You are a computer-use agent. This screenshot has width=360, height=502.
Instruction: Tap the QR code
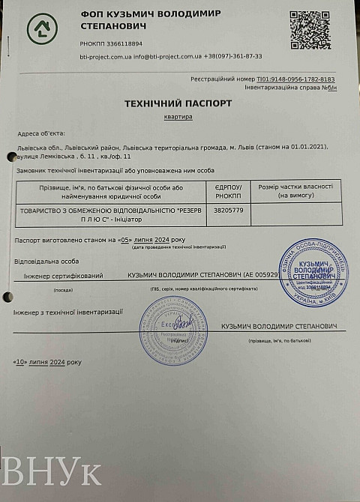[x=310, y=31]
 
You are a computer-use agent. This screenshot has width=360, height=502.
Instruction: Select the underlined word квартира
[x=178, y=117]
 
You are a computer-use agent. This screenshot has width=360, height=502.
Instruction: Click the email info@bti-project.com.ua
[x=169, y=56]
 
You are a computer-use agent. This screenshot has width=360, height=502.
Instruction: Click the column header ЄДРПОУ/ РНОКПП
[x=226, y=190]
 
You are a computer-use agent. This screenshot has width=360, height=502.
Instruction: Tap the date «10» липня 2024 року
[x=46, y=362]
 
